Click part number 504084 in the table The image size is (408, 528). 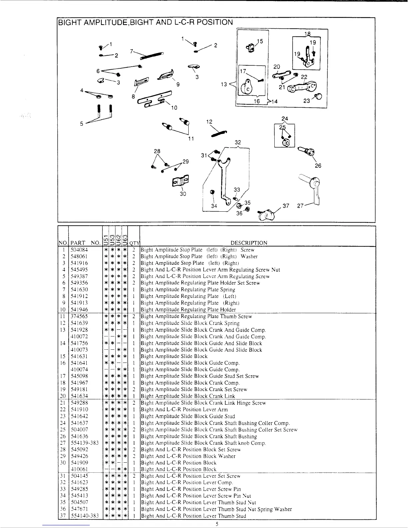79,250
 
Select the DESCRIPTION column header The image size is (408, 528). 249,243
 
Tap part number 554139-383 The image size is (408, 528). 85,443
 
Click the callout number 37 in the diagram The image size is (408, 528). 286,206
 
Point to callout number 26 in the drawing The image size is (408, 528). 318,165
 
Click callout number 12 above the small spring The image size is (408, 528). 209,122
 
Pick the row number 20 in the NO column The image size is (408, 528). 63,396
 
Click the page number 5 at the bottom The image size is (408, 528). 217,524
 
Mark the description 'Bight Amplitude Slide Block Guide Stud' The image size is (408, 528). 188,416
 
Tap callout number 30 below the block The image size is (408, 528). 183,194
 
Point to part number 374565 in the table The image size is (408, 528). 79,316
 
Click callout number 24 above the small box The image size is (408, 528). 284,119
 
